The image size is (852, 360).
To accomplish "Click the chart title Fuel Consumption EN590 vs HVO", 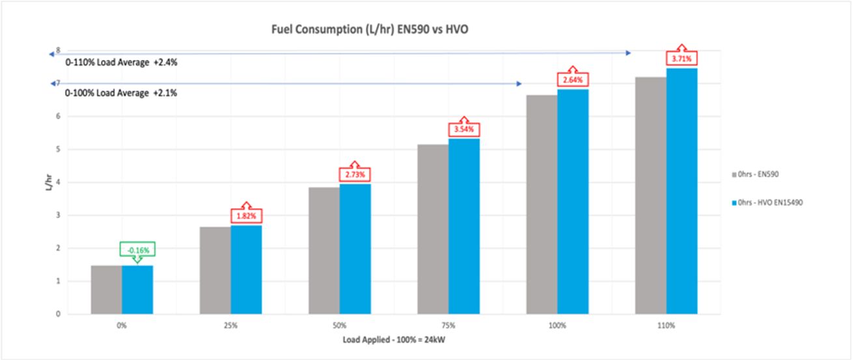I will (375, 29).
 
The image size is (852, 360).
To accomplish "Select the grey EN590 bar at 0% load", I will (106, 290).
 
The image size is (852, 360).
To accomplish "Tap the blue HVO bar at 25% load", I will (247, 270).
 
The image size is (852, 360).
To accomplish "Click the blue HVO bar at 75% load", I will (464, 226).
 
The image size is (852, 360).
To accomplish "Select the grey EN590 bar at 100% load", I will (542, 204).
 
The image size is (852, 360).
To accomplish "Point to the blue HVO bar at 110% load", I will (681, 191).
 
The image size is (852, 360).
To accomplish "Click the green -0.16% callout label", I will (139, 249).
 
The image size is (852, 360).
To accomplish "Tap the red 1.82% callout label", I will (246, 215).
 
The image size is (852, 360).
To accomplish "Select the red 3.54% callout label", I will (464, 130).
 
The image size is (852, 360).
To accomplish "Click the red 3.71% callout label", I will (681, 59).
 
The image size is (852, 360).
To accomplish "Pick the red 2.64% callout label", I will (573, 80).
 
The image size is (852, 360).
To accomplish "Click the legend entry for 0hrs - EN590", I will (756, 175).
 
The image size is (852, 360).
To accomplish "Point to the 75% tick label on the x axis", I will (448, 324).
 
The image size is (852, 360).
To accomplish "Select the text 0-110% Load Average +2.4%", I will (121, 63).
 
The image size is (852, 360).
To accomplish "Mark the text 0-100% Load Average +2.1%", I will (121, 94).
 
